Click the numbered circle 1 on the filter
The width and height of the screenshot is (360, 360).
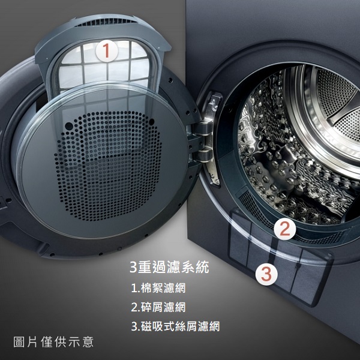tap(107, 50)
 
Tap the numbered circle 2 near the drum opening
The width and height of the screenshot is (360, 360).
tap(284, 229)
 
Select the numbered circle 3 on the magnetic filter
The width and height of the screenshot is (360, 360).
tap(266, 274)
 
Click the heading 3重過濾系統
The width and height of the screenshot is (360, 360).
tap(169, 267)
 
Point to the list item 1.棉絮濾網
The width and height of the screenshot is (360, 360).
tap(158, 288)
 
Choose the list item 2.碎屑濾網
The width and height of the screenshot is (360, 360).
tap(158, 307)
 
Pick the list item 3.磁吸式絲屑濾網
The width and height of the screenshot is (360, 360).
tap(175, 326)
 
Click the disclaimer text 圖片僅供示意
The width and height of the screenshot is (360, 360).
tap(53, 342)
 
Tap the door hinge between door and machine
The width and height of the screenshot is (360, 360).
tap(203, 142)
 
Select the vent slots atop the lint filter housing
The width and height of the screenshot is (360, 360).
tap(105, 22)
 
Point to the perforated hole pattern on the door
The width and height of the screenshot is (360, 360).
tap(108, 166)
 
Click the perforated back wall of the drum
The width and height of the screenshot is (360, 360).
tap(337, 103)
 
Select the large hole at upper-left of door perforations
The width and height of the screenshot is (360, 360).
tap(69, 126)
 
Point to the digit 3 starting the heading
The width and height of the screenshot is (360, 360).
tap(133, 267)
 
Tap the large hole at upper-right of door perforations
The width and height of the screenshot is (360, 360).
tap(151, 122)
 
